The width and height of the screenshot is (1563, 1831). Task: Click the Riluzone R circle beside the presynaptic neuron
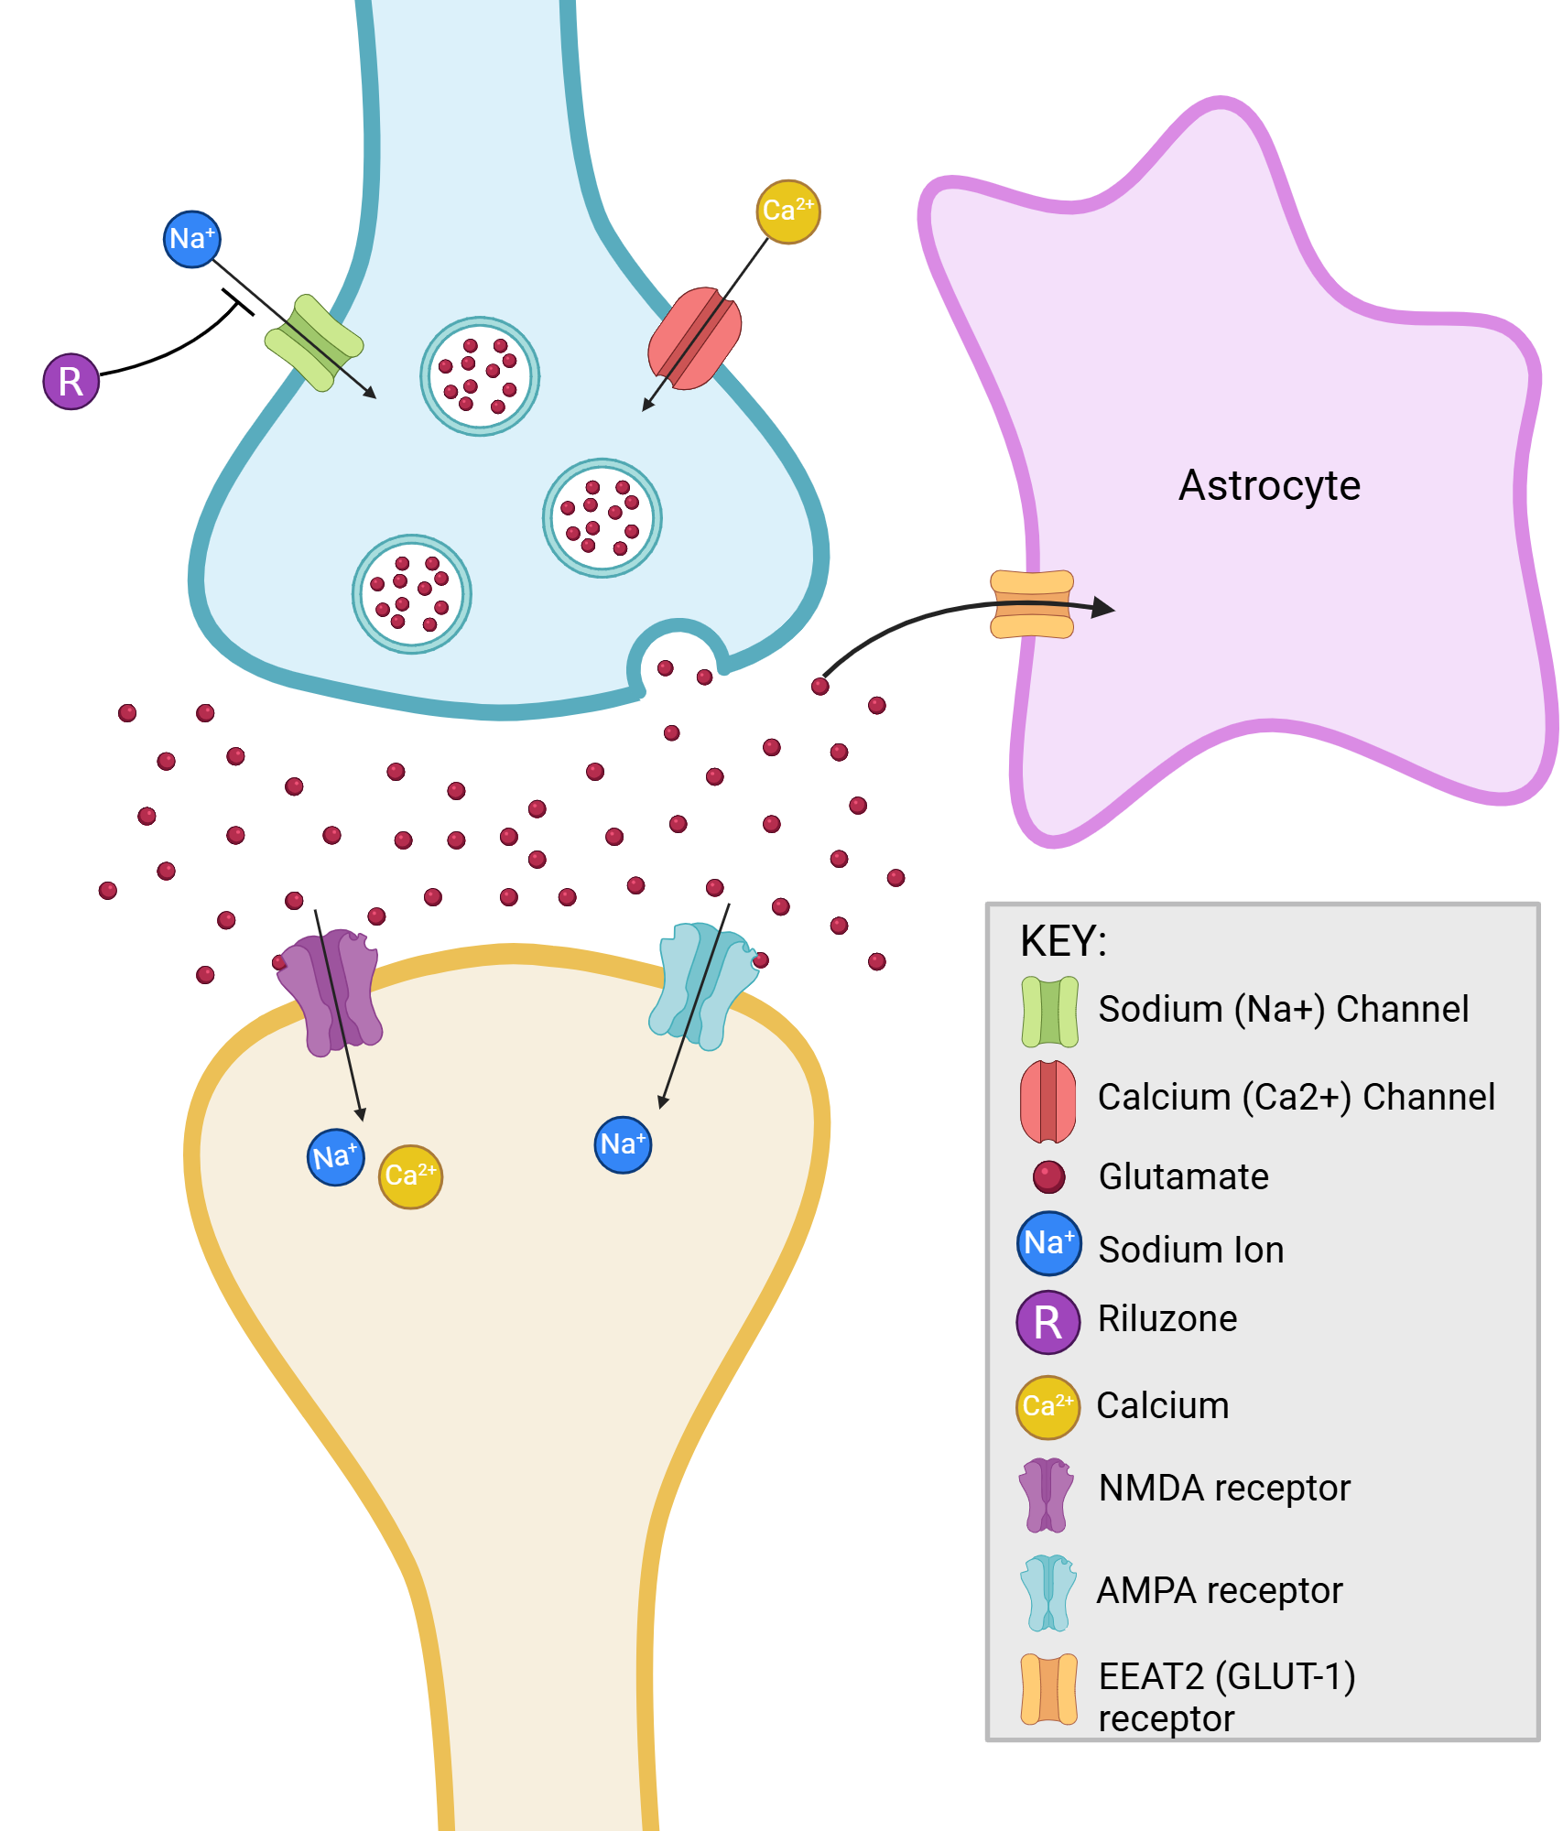[71, 381]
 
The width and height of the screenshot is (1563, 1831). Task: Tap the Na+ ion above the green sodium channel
[191, 239]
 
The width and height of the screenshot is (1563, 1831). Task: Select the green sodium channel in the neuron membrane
[314, 342]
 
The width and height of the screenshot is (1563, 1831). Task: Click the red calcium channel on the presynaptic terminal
[695, 339]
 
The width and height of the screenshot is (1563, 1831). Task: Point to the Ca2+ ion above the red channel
[787, 211]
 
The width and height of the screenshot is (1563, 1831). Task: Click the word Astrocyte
[1269, 485]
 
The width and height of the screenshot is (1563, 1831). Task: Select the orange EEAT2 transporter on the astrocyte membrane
[1032, 604]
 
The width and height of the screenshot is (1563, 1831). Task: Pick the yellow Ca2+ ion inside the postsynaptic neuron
[410, 1176]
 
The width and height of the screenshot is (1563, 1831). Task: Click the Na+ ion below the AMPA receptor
[623, 1144]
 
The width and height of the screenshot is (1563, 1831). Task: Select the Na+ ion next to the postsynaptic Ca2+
[335, 1157]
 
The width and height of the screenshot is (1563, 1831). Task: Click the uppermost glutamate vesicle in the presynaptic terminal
[480, 376]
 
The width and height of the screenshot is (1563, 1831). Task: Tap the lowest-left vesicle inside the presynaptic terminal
[412, 594]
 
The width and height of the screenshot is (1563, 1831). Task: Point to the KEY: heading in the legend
[1063, 941]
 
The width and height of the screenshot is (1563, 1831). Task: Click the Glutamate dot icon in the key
[1048, 1176]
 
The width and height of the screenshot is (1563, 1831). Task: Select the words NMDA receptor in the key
[1224, 1489]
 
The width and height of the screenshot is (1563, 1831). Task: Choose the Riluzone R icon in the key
[1048, 1322]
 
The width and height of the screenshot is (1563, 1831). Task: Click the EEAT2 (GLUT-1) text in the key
[1227, 1677]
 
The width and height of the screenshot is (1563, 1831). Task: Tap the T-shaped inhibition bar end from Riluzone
[237, 302]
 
